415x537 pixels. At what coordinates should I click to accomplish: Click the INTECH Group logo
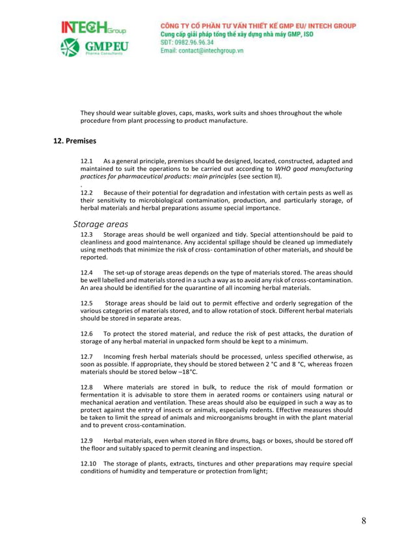click(94, 29)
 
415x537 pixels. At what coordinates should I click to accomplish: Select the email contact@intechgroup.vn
click(202, 51)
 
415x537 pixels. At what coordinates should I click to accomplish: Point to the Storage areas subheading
click(101, 224)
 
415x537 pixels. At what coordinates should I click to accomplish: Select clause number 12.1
click(87, 161)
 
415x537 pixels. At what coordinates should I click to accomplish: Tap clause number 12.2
click(87, 192)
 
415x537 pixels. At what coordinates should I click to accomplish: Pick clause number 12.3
click(87, 234)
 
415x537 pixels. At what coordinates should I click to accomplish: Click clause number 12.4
click(87, 272)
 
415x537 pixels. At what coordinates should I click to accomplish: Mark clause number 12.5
click(87, 303)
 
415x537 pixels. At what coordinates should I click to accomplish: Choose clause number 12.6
click(87, 334)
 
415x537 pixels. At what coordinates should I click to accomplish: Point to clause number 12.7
click(87, 357)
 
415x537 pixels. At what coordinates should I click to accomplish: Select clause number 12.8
click(87, 387)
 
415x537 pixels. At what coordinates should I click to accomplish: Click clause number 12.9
click(87, 441)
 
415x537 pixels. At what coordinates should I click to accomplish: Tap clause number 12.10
click(88, 464)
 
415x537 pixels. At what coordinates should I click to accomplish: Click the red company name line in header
click(258, 25)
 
